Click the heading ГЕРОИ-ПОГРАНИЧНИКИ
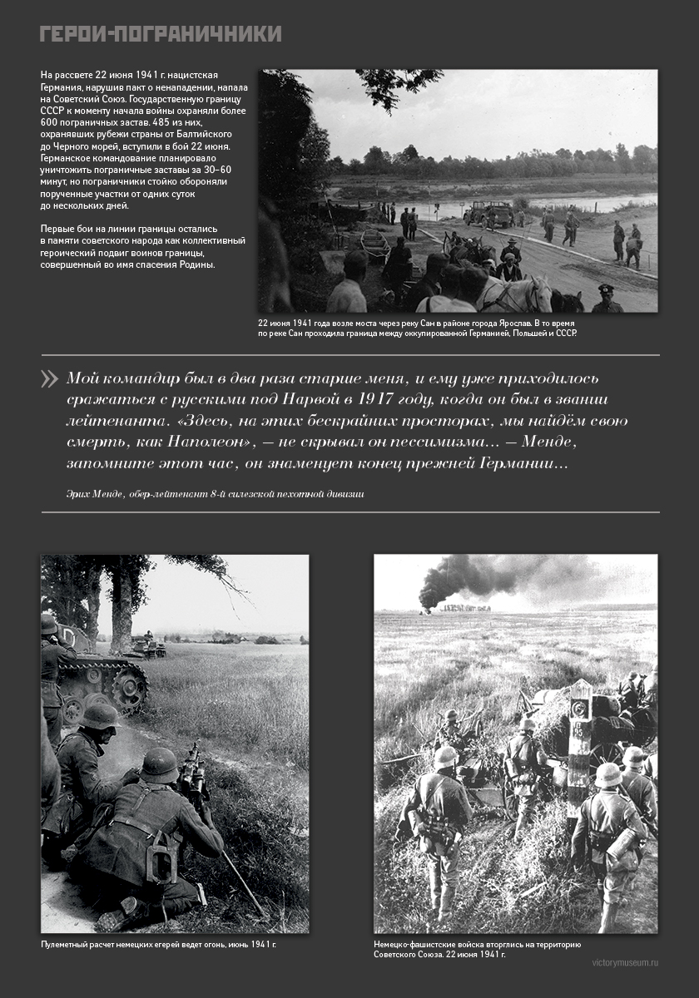coord(161,34)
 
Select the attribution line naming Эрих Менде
coord(215,493)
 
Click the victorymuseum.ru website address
coord(624,962)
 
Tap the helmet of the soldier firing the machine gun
coord(160,764)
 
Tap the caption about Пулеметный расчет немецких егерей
coord(158,945)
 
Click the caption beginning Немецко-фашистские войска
coord(477,949)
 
